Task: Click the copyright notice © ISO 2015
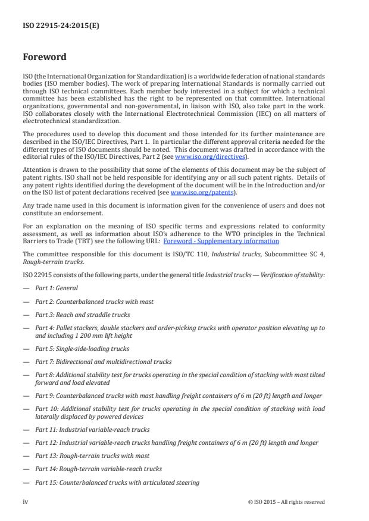tap(286, 501)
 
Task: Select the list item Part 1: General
tap(57, 288)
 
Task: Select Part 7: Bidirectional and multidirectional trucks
tap(103, 362)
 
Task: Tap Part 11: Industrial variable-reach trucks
tap(92, 429)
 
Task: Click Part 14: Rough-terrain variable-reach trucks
tap(98, 469)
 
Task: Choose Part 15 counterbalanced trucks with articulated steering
tap(117, 482)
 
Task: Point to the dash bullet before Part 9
tap(26, 396)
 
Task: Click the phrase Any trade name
tap(45, 205)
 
